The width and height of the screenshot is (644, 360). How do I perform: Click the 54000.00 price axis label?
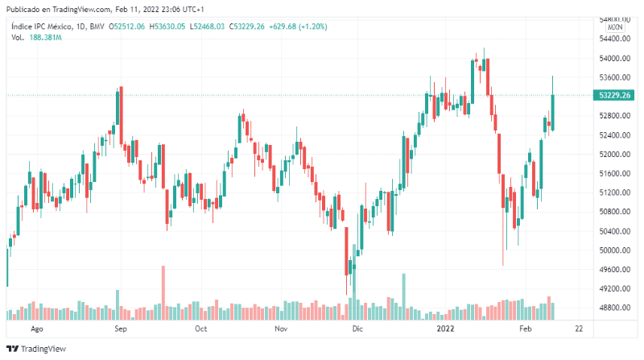[614, 59]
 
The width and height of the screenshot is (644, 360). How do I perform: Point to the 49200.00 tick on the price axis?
[614, 288]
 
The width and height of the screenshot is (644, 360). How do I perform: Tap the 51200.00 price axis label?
[614, 192]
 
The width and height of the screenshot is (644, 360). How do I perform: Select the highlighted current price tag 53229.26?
[615, 95]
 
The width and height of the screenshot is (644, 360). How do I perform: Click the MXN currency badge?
[615, 27]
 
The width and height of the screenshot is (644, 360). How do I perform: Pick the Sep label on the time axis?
[120, 329]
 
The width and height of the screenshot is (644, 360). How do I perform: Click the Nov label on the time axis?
[280, 329]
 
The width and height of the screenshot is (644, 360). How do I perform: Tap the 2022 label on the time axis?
[446, 329]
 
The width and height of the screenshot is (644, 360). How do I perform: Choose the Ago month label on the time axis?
[35, 329]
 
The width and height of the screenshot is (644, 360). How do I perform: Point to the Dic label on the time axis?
[358, 329]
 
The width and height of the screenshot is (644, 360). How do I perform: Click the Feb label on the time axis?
[526, 329]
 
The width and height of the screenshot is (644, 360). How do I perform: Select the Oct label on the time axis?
[201, 329]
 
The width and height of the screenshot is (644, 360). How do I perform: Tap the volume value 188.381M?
[47, 37]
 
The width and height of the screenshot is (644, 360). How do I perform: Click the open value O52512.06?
[126, 27]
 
